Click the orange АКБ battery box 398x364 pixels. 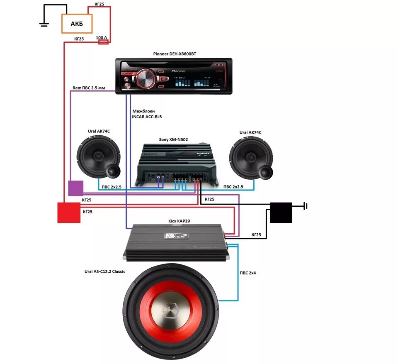(77, 24)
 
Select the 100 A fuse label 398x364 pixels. (102, 38)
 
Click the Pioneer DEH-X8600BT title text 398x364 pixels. (174, 54)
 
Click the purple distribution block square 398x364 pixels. (75, 188)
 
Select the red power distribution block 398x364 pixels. (69, 213)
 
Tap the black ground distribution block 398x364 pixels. (281, 213)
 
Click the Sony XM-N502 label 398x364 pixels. (174, 140)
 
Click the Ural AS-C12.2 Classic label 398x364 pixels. (104, 271)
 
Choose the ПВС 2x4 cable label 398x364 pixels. (248, 273)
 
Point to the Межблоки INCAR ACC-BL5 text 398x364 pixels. (147, 114)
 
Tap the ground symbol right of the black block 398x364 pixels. (305, 205)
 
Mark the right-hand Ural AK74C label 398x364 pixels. (250, 132)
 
